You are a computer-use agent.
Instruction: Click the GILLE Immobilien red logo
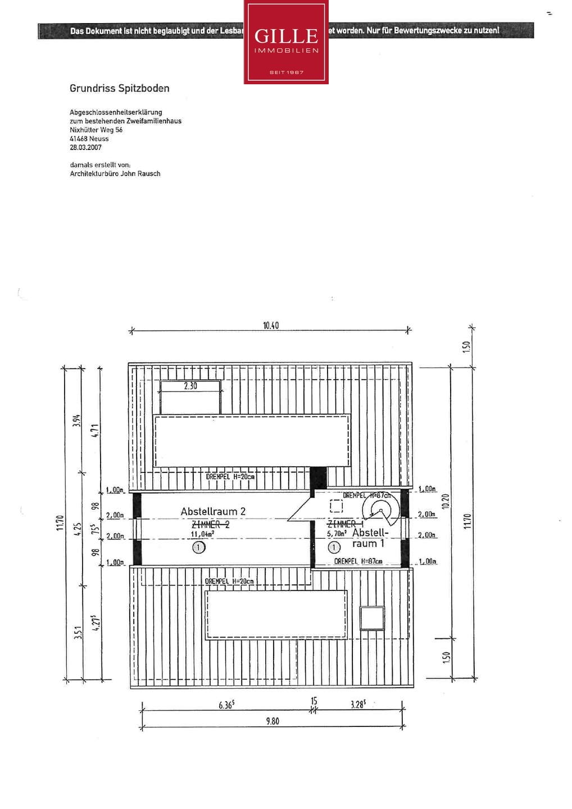[286, 42]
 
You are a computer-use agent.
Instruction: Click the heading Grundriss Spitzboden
[119, 88]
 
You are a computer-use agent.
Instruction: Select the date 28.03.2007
[85, 147]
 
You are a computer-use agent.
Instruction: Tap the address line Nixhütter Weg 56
[96, 130]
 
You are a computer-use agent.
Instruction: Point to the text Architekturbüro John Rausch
[115, 174]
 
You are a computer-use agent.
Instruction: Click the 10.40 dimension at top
[271, 325]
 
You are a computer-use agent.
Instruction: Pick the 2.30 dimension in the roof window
[190, 386]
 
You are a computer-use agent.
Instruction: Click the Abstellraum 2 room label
[213, 511]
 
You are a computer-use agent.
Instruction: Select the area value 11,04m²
[202, 534]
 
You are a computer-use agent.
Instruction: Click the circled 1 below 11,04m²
[198, 547]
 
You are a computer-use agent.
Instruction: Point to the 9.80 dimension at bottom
[273, 721]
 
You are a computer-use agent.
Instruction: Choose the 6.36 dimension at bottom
[226, 705]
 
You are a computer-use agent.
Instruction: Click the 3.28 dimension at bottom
[358, 704]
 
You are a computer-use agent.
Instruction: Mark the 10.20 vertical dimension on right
[445, 501]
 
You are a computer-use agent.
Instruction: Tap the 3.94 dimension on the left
[77, 420]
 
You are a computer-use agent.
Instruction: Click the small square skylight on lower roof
[372, 618]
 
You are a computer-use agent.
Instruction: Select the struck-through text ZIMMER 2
[211, 524]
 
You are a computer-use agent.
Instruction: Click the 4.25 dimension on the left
[78, 529]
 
